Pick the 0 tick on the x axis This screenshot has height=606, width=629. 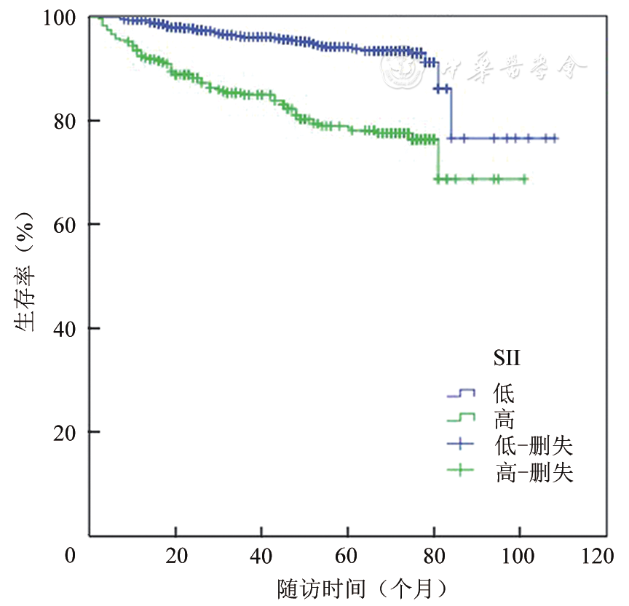[71, 557]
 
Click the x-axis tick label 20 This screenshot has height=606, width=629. [175, 557]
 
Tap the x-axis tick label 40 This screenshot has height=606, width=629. [262, 557]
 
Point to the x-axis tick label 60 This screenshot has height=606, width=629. [349, 557]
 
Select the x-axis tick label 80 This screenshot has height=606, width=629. [435, 557]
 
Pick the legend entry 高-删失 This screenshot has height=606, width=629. [534, 474]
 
